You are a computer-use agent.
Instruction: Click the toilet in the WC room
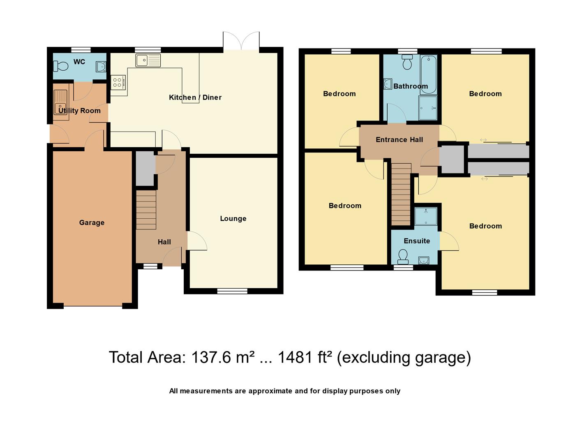coord(60,66)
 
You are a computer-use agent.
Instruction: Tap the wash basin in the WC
coord(101,67)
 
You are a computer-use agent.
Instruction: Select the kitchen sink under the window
coord(148,60)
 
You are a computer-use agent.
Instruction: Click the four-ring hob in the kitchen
coord(118,82)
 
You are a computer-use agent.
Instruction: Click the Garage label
coord(92,222)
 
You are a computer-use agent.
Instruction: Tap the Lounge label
coord(233,218)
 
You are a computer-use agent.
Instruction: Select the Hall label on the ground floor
coord(164,242)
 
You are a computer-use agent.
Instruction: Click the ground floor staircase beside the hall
coord(146,210)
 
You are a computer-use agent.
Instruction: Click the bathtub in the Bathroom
coord(428,74)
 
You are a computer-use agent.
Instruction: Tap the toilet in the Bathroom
coord(407,62)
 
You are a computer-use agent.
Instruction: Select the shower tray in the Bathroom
coord(428,108)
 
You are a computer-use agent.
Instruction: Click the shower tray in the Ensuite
coord(426,216)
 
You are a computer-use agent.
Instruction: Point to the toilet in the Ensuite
coord(403,257)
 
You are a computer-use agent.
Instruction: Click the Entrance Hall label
coord(400,139)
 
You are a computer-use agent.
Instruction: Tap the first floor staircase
coord(401,194)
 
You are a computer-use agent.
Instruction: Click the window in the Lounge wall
coord(232,291)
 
